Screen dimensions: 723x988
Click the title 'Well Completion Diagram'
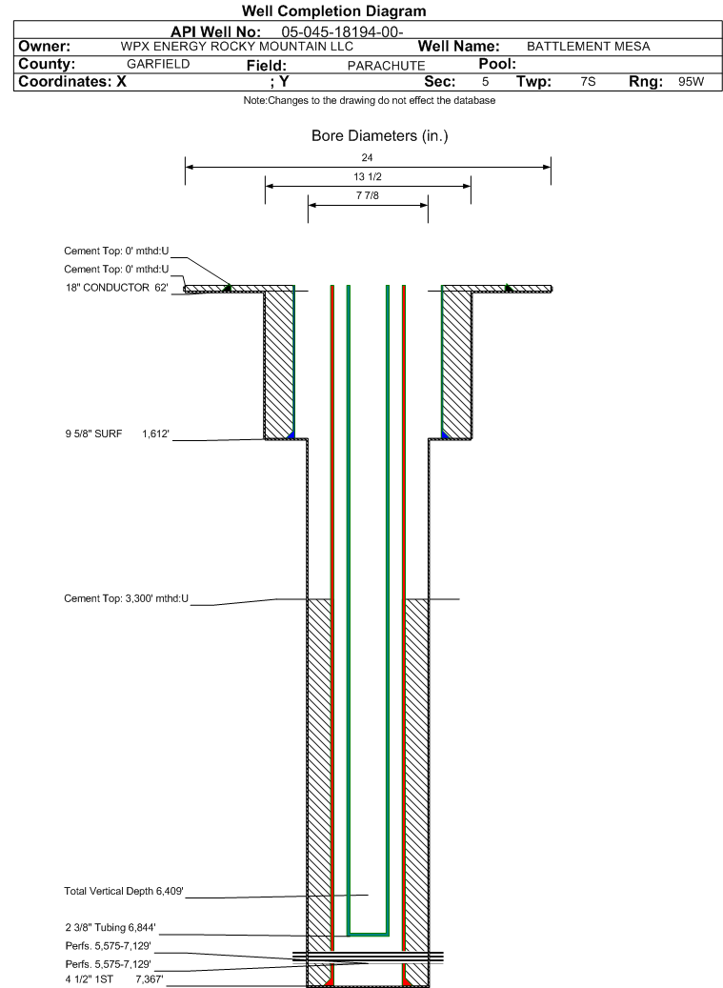(333, 11)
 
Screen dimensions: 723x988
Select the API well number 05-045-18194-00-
(342, 32)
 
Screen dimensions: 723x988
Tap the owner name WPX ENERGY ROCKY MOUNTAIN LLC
(237, 47)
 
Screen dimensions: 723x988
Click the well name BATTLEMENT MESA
(589, 47)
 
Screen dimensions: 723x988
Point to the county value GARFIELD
(158, 64)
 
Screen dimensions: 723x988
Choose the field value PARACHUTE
(386, 66)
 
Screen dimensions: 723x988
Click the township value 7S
(588, 82)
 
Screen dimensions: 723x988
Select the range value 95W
(691, 82)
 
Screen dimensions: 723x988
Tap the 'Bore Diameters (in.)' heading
(380, 136)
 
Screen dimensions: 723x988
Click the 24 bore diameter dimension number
(367, 157)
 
